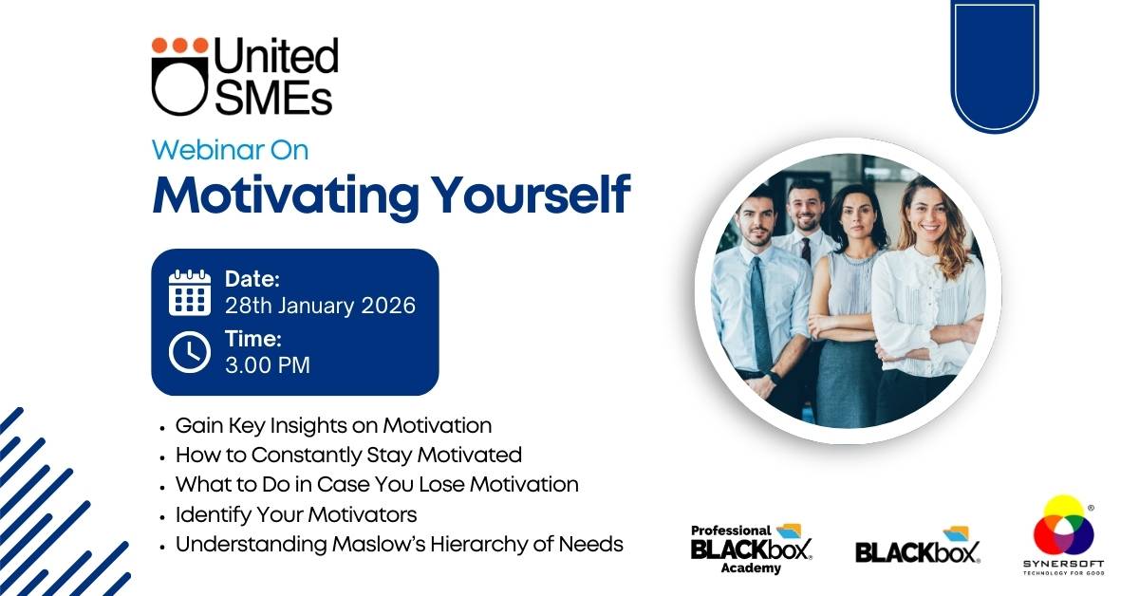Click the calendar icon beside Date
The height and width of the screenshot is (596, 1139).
point(190,292)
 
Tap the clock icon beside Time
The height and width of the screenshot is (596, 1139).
point(190,352)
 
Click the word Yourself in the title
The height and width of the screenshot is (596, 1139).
point(532,196)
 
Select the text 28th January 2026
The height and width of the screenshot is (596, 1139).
point(321,306)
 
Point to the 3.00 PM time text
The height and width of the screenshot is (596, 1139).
point(268,365)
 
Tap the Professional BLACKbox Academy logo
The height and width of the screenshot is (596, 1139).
point(751,549)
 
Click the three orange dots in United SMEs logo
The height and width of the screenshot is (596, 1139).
point(180,46)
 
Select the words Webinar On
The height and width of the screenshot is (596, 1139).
point(231,150)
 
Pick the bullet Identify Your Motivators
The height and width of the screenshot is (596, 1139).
point(296,514)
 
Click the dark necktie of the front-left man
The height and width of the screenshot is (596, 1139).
point(761,314)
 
